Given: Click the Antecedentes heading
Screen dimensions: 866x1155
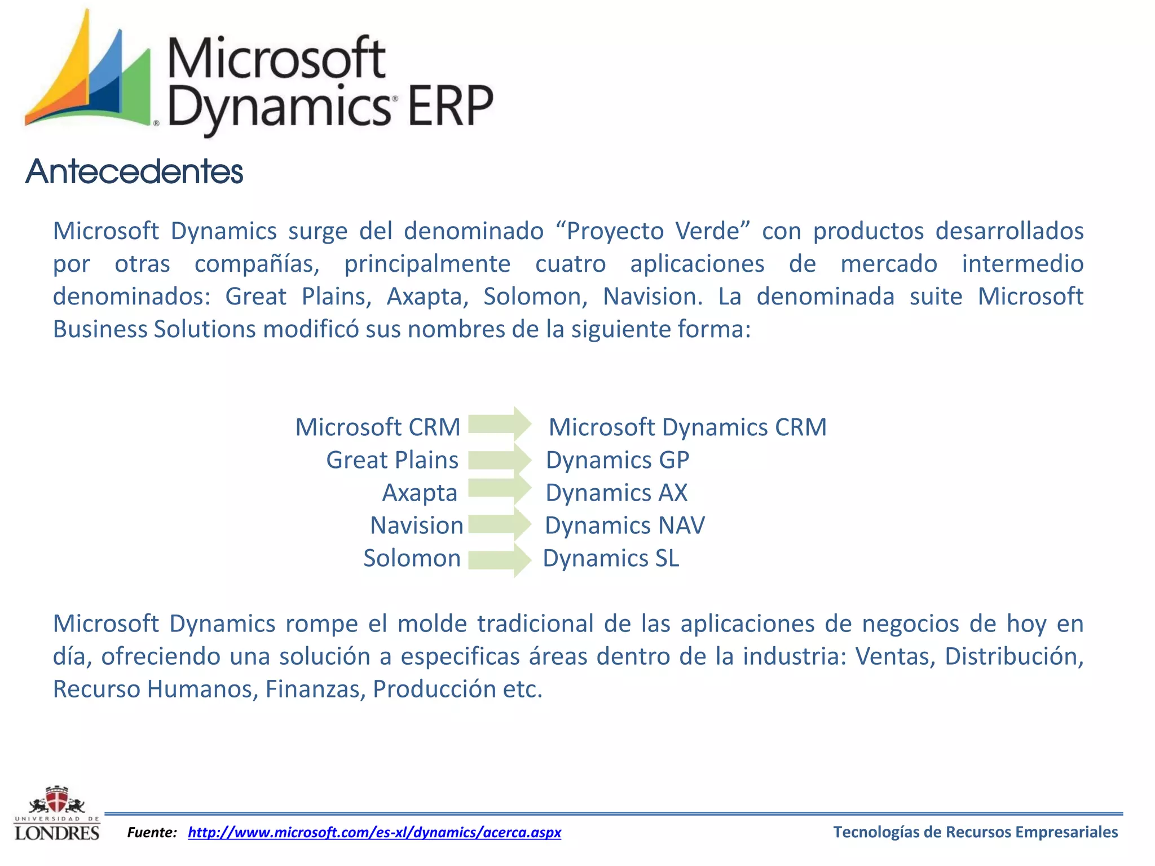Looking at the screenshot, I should pyautogui.click(x=134, y=171).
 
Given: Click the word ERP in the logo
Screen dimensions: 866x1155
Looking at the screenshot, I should pyautogui.click(x=450, y=106).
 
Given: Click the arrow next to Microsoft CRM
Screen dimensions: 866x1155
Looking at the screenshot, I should pyautogui.click(x=499, y=424).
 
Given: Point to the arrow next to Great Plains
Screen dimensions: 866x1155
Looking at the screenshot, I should pyautogui.click(x=499, y=459).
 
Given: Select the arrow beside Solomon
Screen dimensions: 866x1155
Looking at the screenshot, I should pyautogui.click(x=499, y=559).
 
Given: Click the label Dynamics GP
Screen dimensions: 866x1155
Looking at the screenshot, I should pyautogui.click(x=617, y=460).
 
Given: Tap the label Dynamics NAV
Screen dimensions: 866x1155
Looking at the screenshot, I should pyautogui.click(x=624, y=525).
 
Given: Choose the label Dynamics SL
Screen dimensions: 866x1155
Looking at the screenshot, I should pyautogui.click(x=611, y=558).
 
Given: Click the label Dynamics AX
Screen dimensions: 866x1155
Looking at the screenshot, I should pyautogui.click(x=616, y=493).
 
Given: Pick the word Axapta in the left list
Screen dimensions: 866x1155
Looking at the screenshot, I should pyautogui.click(x=420, y=493).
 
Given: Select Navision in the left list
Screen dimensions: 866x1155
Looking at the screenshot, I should pyautogui.click(x=416, y=525).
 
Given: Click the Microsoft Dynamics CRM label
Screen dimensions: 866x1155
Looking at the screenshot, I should pyautogui.click(x=687, y=427).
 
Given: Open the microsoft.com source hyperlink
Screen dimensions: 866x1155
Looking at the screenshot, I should pyautogui.click(x=374, y=832).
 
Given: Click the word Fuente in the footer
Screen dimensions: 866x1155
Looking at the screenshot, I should pyautogui.click(x=152, y=832).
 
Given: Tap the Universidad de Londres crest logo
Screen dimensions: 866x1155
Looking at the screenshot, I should pyautogui.click(x=57, y=814).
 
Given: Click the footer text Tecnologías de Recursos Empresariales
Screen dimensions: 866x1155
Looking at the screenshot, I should pyautogui.click(x=975, y=832).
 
